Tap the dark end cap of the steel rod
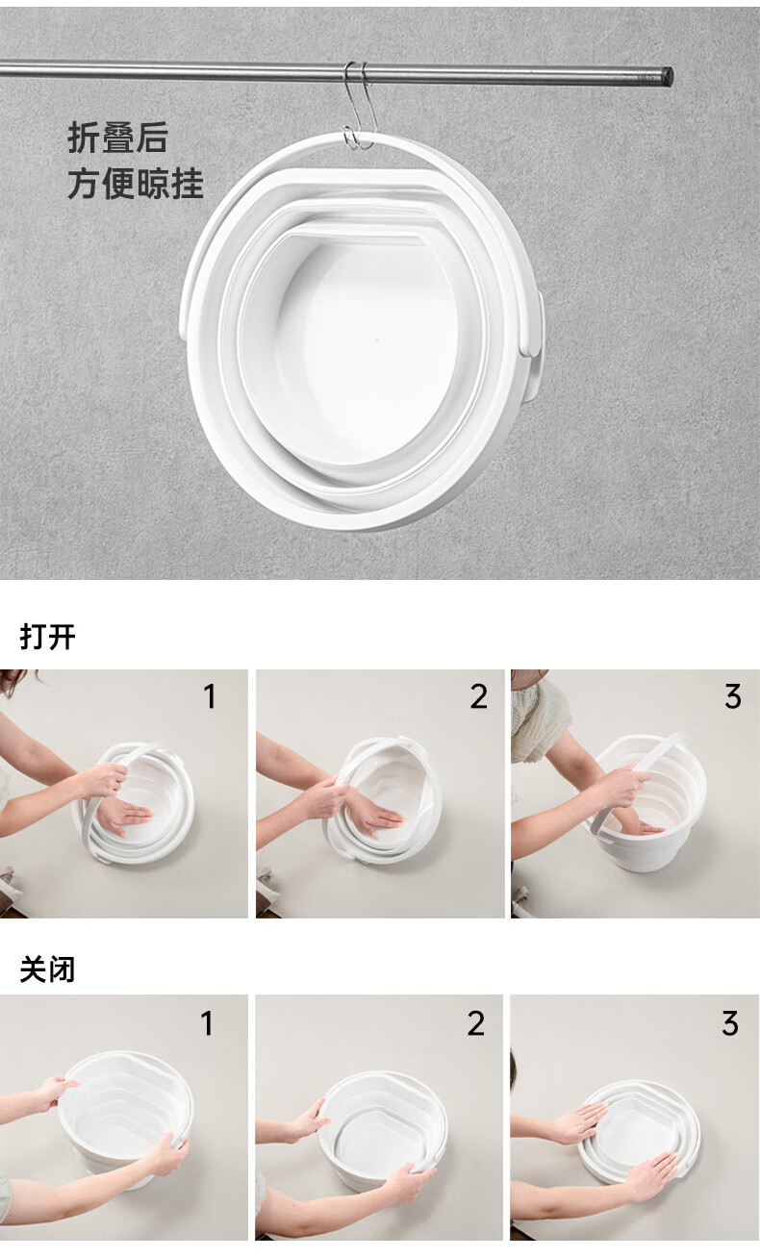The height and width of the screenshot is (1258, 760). [x=667, y=76]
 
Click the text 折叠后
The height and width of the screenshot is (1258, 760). [x=118, y=138]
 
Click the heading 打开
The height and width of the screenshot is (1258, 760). [x=48, y=637]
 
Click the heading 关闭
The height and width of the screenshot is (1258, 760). [x=48, y=969]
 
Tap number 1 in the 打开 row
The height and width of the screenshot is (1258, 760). [x=210, y=696]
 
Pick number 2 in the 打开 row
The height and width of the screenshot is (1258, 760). [x=478, y=696]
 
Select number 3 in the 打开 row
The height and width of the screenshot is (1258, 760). [x=732, y=696]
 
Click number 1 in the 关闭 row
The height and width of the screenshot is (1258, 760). [x=207, y=1023]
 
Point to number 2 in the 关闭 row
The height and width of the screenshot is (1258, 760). [x=476, y=1023]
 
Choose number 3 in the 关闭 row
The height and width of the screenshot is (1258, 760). [x=730, y=1023]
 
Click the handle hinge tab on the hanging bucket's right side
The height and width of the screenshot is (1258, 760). [x=533, y=326]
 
